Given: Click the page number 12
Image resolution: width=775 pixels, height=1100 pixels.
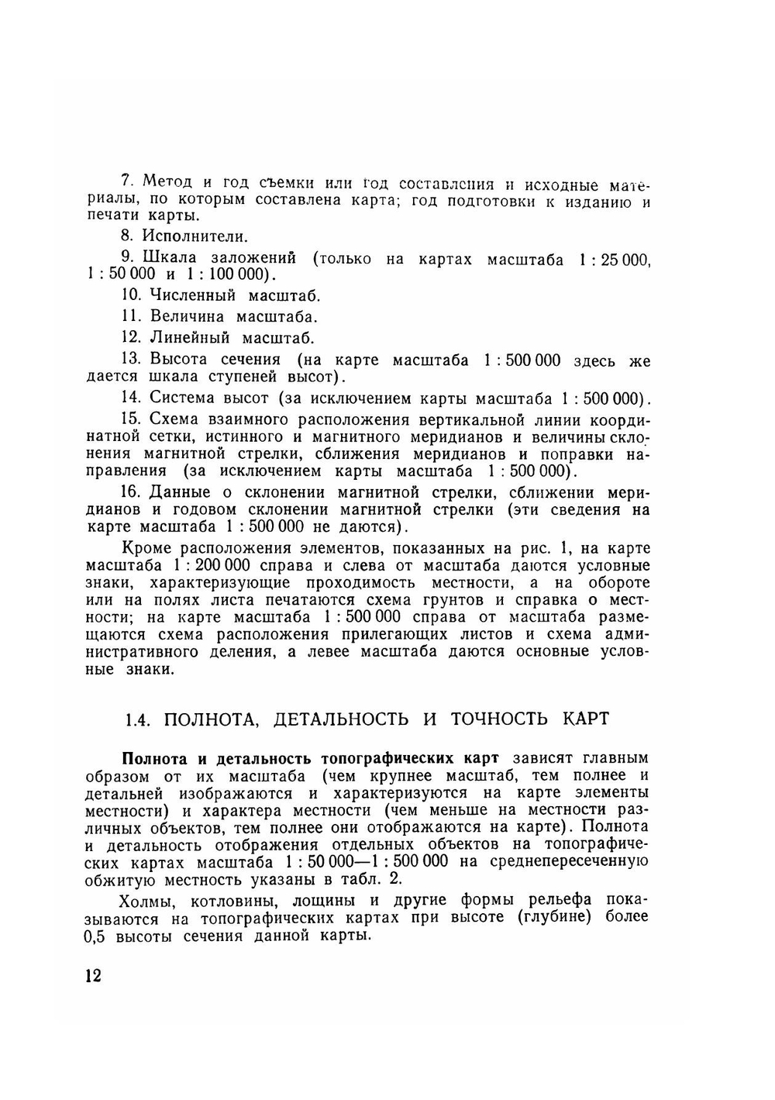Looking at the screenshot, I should [x=93, y=975].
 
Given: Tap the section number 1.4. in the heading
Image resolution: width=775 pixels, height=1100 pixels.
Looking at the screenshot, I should [x=137, y=719].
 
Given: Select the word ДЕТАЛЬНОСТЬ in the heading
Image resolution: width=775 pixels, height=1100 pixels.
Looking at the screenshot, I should [x=341, y=719].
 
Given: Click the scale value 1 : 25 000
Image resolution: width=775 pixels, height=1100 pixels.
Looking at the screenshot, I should [x=613, y=260].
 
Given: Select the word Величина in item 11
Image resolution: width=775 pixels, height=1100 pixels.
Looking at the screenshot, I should [x=187, y=316].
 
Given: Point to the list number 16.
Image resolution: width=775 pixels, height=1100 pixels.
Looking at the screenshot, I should [x=131, y=492].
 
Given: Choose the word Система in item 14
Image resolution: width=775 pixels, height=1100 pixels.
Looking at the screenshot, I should [x=182, y=398].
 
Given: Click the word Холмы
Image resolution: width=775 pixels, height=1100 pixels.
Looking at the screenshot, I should [x=145, y=901].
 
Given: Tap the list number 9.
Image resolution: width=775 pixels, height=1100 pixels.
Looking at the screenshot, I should [x=129, y=257].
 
